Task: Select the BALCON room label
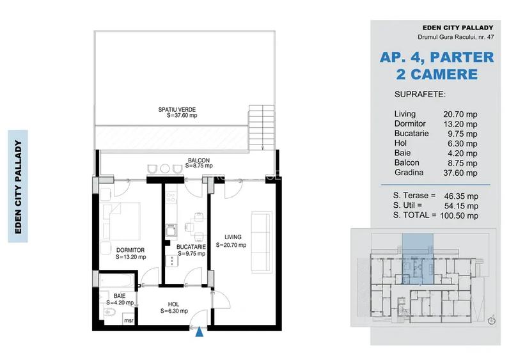(198, 160)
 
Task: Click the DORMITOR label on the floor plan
(130, 250)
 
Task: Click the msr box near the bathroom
(129, 320)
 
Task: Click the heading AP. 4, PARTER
(437, 57)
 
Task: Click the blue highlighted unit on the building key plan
(412, 256)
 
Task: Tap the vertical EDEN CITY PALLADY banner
(19, 186)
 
